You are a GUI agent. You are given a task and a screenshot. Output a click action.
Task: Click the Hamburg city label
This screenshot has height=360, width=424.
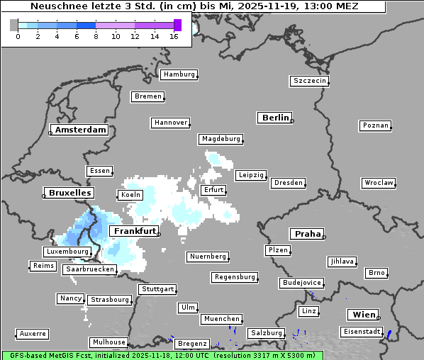[x=179, y=74]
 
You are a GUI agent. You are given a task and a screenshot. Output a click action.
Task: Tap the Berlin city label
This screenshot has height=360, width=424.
[x=275, y=118]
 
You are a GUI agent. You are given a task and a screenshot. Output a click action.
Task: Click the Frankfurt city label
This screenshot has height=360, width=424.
[x=134, y=232]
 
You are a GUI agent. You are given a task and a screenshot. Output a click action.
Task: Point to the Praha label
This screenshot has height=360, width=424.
[x=308, y=234]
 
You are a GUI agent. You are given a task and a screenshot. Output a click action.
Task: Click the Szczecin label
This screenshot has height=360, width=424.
[x=310, y=81]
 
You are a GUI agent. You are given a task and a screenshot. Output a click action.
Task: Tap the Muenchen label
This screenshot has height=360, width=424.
[x=221, y=320]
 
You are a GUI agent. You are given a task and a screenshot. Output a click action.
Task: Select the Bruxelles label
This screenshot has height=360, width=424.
[x=69, y=193]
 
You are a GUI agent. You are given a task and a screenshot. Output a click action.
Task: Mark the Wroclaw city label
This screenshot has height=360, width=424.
[x=378, y=183]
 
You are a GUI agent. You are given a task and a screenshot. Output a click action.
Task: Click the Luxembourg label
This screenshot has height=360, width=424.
[x=67, y=252]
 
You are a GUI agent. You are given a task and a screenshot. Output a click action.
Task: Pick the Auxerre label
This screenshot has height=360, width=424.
[x=33, y=333]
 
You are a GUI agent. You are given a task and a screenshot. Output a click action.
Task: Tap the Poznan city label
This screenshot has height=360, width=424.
[x=375, y=125]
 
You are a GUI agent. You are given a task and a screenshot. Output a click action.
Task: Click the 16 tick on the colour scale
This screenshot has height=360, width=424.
[x=173, y=36]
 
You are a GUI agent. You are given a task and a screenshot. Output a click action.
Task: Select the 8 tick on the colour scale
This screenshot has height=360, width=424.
[x=95, y=36]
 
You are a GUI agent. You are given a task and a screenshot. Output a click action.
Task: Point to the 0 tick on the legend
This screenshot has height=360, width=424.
[x=18, y=36]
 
